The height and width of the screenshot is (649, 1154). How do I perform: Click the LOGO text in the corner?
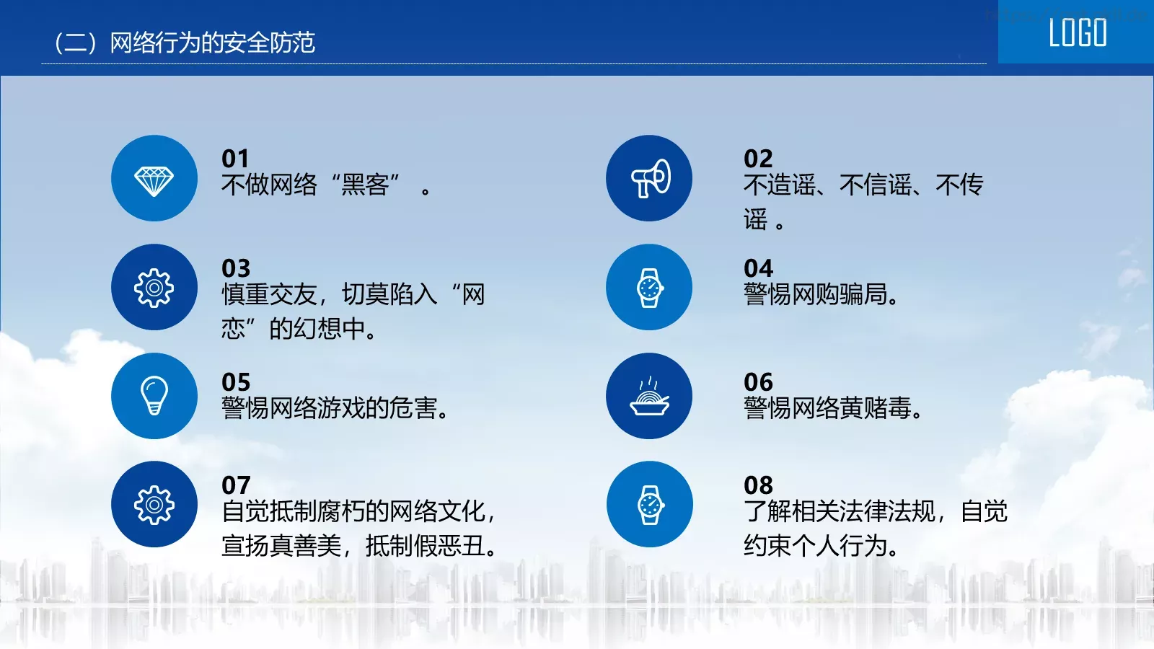pyautogui.click(x=1077, y=33)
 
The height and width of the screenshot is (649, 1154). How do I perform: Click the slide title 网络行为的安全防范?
pyautogui.click(x=212, y=43)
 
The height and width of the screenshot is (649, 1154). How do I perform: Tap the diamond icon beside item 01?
pyautogui.click(x=154, y=179)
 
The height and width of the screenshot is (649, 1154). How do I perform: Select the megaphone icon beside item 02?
pyautogui.click(x=650, y=179)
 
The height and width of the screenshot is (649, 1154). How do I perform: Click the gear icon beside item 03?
pyautogui.click(x=154, y=288)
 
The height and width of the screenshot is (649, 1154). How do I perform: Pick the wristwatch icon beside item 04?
pyautogui.click(x=650, y=288)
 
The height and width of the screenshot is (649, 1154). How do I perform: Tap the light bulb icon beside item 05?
pyautogui.click(x=154, y=396)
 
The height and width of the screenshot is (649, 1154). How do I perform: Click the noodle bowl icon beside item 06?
pyautogui.click(x=650, y=397)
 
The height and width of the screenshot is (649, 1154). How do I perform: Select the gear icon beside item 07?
pyautogui.click(x=154, y=505)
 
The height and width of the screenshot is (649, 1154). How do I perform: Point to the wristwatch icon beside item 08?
pyautogui.click(x=650, y=505)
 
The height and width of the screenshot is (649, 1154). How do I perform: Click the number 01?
pyautogui.click(x=235, y=159)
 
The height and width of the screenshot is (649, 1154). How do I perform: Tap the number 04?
pyautogui.click(x=758, y=268)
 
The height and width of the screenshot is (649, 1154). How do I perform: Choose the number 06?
pyautogui.click(x=758, y=382)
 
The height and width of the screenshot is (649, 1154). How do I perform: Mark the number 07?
pyautogui.click(x=235, y=485)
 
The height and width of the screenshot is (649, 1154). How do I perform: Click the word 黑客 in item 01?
pyautogui.click(x=366, y=185)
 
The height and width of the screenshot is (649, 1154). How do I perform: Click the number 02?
pyautogui.click(x=758, y=159)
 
